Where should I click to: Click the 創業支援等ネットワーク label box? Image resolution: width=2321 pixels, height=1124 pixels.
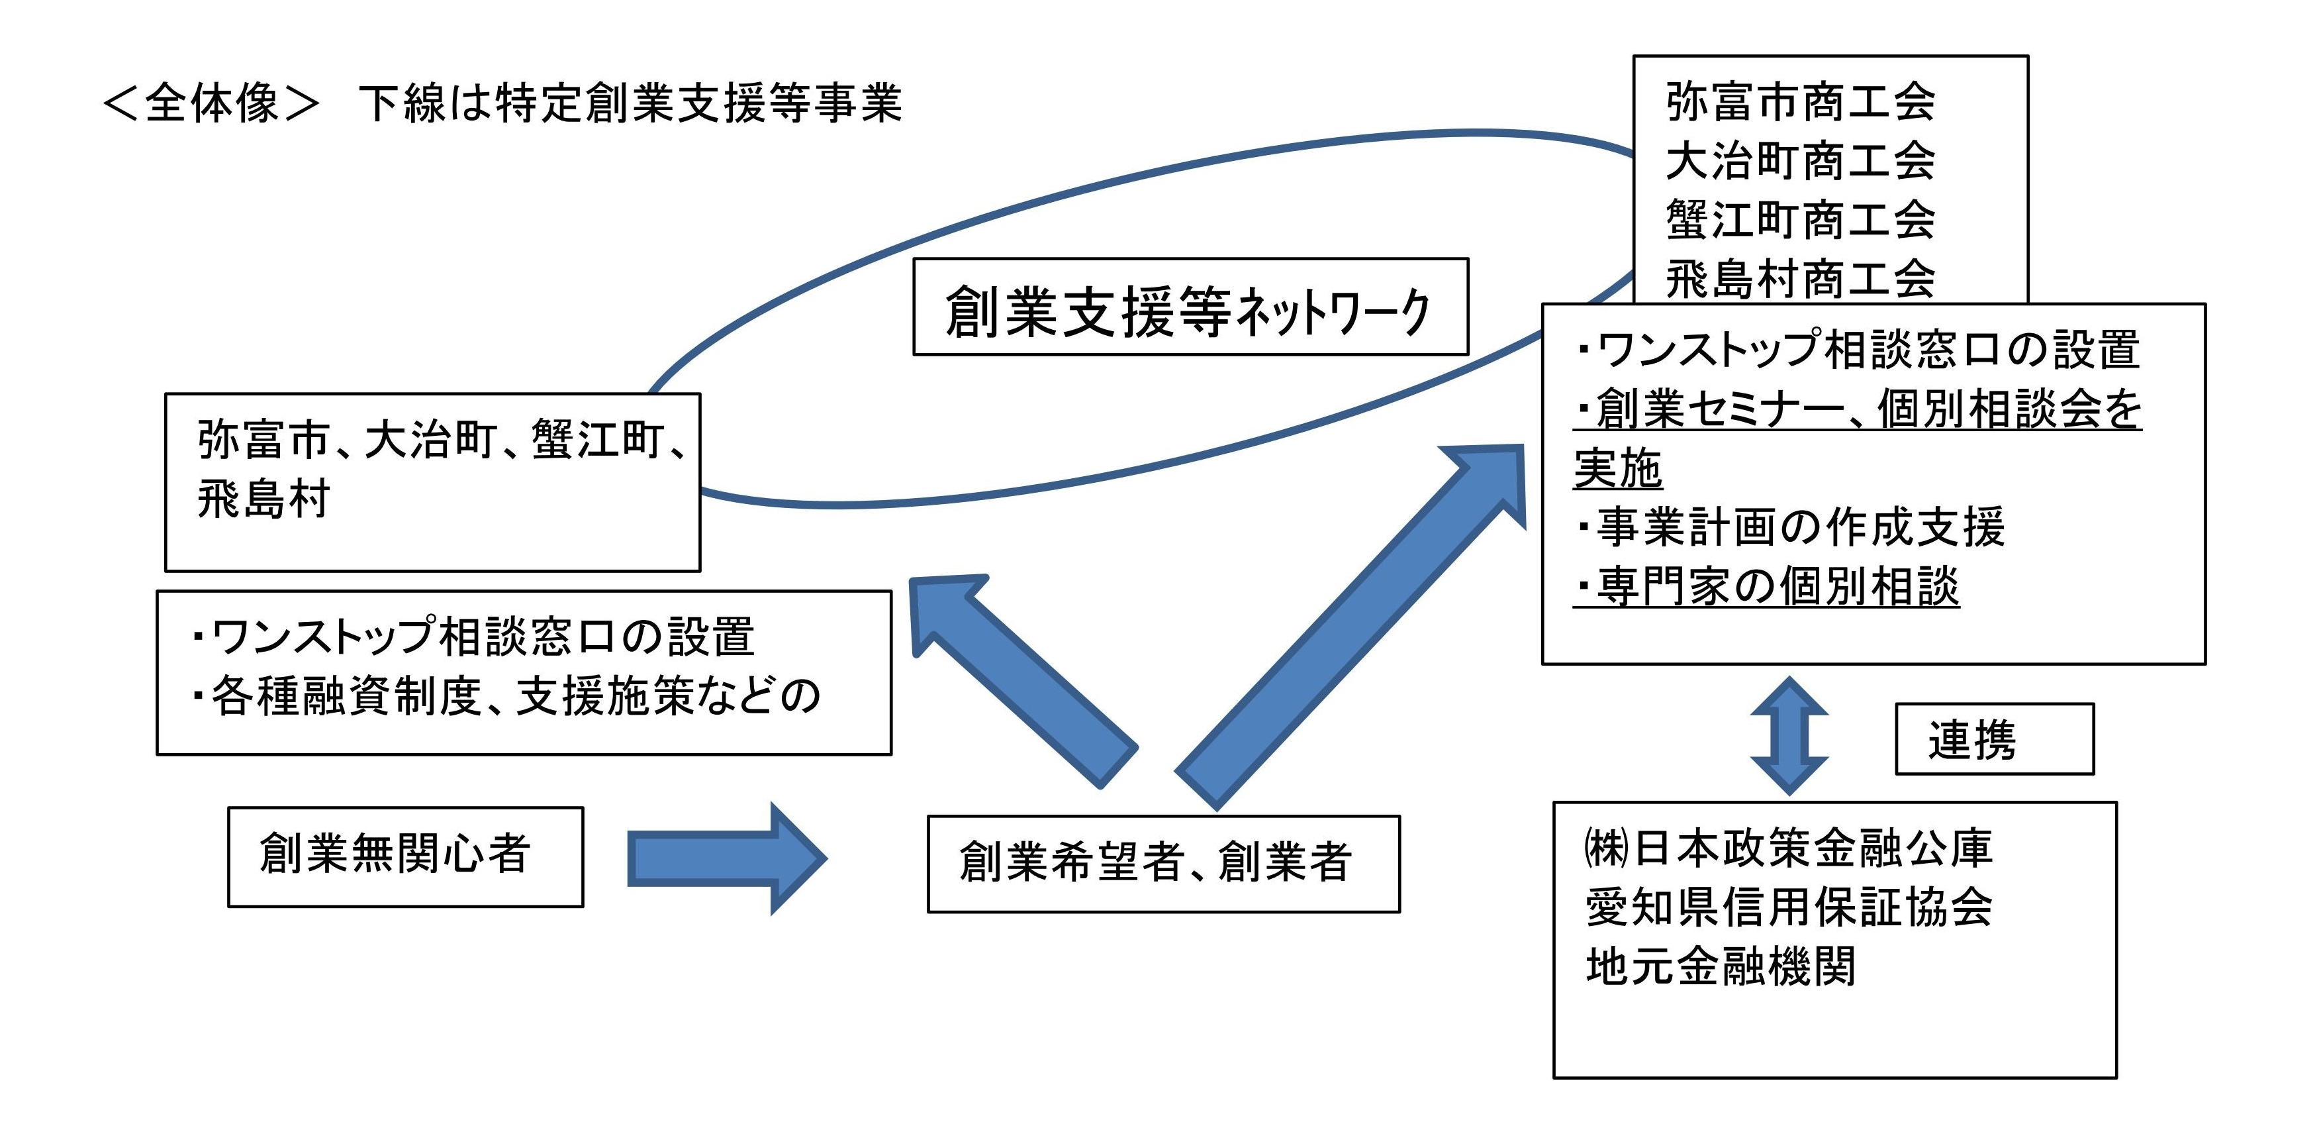coord(1190,307)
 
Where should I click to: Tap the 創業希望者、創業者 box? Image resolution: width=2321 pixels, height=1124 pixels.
coord(1162,864)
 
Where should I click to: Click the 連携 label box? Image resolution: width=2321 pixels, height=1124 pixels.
coord(1994,739)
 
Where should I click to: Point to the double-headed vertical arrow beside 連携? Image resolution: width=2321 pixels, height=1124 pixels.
coord(1789,735)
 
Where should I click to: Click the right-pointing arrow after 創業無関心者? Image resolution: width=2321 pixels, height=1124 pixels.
coord(726,858)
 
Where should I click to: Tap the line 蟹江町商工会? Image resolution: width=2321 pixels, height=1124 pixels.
coord(1800,220)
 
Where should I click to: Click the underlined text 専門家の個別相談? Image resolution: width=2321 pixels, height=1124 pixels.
coord(1766,587)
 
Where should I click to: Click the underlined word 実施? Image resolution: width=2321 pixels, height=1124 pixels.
coord(1618,469)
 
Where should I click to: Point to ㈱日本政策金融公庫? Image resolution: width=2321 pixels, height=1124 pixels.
coord(1789,848)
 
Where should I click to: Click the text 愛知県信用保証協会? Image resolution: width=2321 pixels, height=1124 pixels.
coord(1789,907)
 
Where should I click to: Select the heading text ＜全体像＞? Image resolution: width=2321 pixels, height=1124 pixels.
coord(211,103)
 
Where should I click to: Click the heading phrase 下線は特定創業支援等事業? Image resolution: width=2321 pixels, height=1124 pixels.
coord(630,103)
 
